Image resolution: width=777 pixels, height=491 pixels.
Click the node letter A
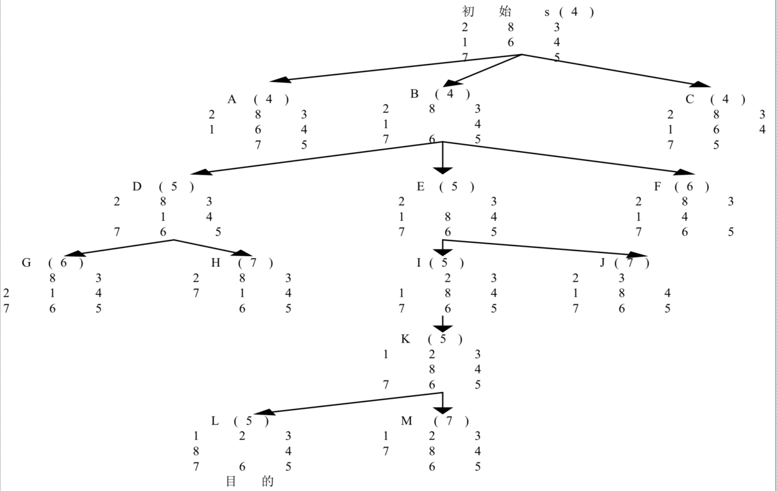(x=232, y=99)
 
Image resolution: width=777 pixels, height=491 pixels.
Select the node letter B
(x=414, y=94)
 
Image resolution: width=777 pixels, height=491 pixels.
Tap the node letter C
(x=690, y=99)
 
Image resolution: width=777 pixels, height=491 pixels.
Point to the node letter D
(x=137, y=186)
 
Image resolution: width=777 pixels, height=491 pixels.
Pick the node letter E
(x=420, y=186)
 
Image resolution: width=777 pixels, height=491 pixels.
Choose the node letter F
(x=657, y=186)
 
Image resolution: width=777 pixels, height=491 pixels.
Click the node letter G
(x=26, y=262)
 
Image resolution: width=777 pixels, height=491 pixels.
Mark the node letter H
(x=216, y=262)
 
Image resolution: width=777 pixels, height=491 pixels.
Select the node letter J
(x=603, y=262)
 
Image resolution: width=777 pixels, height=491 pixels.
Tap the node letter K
(x=405, y=339)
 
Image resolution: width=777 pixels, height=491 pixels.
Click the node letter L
(x=215, y=421)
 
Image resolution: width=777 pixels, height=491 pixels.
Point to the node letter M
(x=407, y=421)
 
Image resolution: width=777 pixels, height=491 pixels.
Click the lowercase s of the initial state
(x=547, y=12)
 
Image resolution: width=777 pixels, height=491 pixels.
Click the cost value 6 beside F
(x=690, y=186)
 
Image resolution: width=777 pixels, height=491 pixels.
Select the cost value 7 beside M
(x=449, y=421)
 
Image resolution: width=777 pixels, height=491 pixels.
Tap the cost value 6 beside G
(x=63, y=262)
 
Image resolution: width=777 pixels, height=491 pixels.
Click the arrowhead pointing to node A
(x=280, y=80)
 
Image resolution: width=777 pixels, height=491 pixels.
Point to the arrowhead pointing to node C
(x=701, y=84)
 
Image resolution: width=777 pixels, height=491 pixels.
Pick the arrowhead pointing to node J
(x=637, y=255)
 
